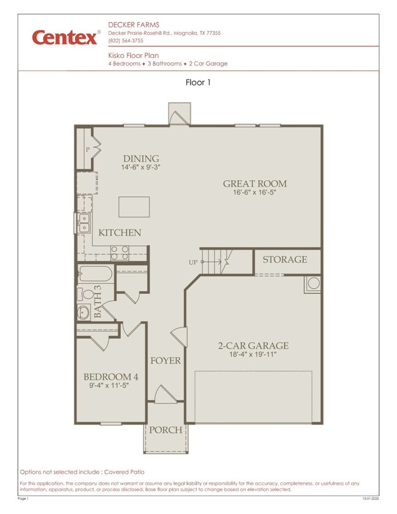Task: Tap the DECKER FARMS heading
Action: (x=134, y=24)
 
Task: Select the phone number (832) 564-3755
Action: (x=126, y=41)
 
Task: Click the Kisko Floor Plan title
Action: (x=134, y=56)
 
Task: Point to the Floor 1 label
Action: (x=198, y=82)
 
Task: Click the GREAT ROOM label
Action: (x=255, y=184)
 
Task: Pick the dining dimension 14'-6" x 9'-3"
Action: (x=140, y=167)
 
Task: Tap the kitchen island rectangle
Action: (x=134, y=207)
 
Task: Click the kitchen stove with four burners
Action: (x=120, y=253)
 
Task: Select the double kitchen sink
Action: (x=84, y=223)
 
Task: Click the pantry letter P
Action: (x=87, y=150)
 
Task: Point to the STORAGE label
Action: (x=285, y=259)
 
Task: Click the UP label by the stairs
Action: (x=193, y=262)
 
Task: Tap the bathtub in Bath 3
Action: (x=95, y=273)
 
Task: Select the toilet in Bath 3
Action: (x=86, y=294)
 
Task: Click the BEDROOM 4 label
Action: (x=111, y=377)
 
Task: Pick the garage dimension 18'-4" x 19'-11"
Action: (x=253, y=354)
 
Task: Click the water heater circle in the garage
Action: (x=314, y=283)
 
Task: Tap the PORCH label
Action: (x=166, y=430)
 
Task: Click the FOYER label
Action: (x=166, y=361)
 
